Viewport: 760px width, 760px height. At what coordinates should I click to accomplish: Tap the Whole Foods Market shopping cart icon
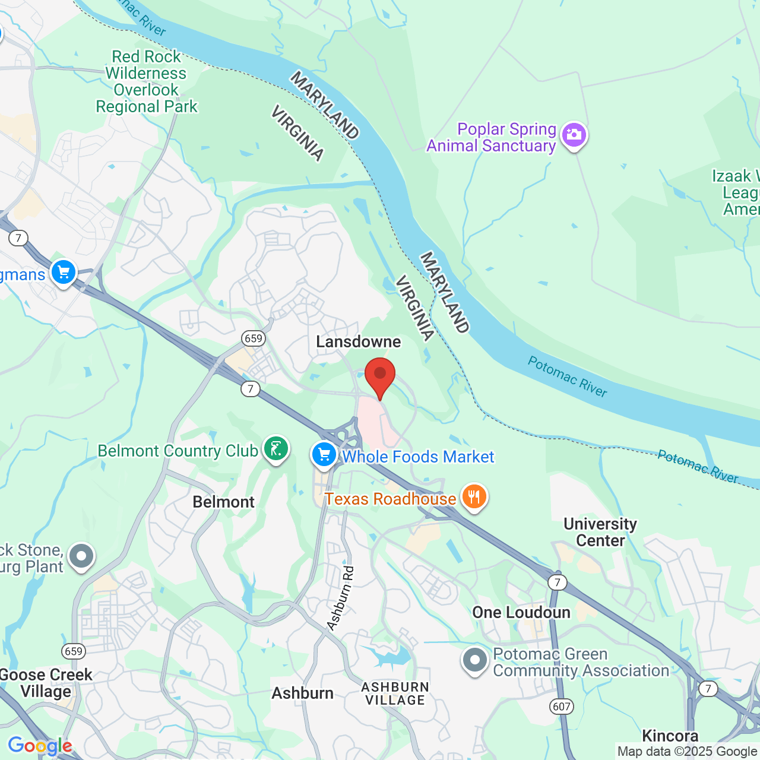point(324,455)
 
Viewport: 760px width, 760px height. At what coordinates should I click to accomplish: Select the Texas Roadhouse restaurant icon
point(474,497)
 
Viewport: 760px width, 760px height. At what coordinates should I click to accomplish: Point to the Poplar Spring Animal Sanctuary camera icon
point(574,135)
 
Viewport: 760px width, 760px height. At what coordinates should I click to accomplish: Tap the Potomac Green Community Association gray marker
point(475,660)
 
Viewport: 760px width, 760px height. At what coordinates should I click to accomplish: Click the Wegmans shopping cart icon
point(64,273)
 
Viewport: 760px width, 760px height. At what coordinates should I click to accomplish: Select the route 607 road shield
point(562,706)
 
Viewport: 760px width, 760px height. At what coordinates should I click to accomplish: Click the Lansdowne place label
point(358,342)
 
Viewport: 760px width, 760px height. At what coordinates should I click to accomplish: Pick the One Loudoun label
point(521,613)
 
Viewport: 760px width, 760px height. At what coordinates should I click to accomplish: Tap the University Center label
point(600,532)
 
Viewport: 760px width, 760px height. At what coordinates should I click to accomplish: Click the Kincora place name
point(670,736)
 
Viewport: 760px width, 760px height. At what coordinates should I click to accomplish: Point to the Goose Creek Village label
point(46,683)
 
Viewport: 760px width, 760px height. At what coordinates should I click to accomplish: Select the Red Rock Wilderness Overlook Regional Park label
point(146,82)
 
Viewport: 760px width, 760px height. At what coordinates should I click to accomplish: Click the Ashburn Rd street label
point(341,598)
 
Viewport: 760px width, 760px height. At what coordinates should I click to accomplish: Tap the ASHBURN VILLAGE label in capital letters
point(395,693)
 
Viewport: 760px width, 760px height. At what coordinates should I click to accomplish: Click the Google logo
point(40,746)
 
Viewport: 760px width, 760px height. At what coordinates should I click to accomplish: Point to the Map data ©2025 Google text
point(687,752)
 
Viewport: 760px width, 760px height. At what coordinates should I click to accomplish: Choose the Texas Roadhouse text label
point(390,499)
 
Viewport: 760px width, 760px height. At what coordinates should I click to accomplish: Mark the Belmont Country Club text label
point(178,451)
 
